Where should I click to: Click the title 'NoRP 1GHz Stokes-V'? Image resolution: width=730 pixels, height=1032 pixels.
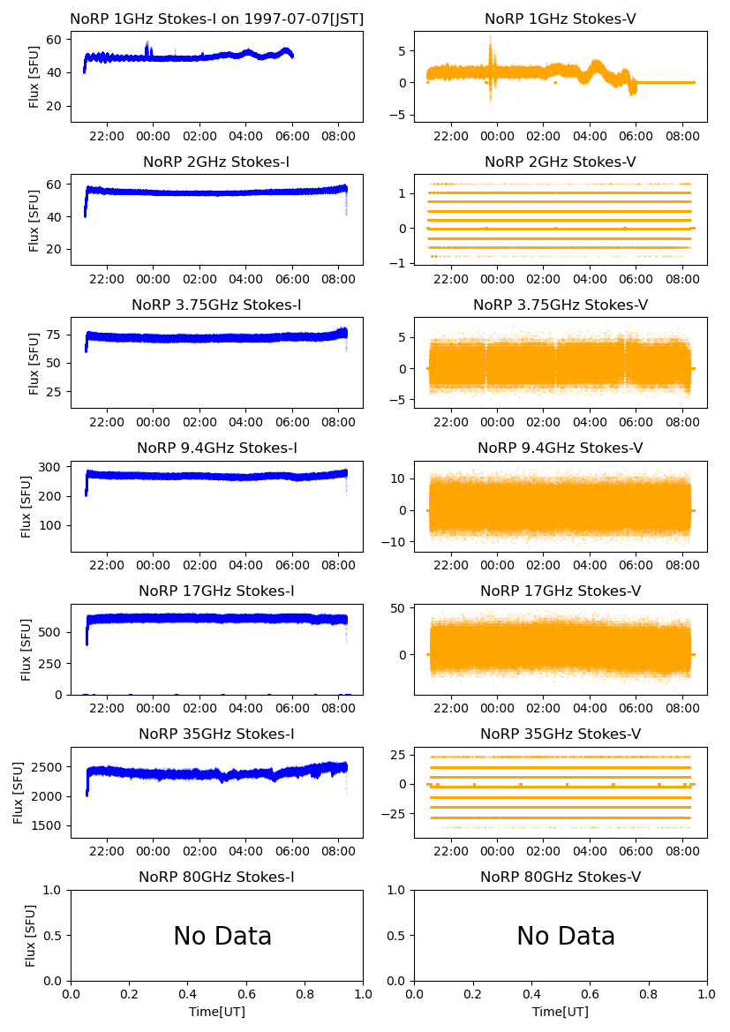click(x=561, y=19)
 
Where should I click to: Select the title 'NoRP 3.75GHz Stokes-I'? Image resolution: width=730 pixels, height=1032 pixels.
click(x=216, y=305)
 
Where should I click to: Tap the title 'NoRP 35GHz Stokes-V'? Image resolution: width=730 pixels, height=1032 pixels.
click(x=561, y=734)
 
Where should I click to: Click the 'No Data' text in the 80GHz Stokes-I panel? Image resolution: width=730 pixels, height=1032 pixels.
click(x=222, y=936)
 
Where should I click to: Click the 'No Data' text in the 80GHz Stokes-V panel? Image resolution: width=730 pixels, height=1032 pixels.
click(x=566, y=936)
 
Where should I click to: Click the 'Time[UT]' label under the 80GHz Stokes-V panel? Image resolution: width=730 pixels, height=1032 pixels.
click(x=561, y=1012)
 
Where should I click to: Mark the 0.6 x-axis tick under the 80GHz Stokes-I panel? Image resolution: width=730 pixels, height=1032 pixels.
click(x=246, y=994)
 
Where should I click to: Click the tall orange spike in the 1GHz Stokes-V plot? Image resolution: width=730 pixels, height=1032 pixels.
click(x=491, y=42)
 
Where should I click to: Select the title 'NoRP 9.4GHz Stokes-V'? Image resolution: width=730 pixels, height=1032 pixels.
click(x=561, y=448)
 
